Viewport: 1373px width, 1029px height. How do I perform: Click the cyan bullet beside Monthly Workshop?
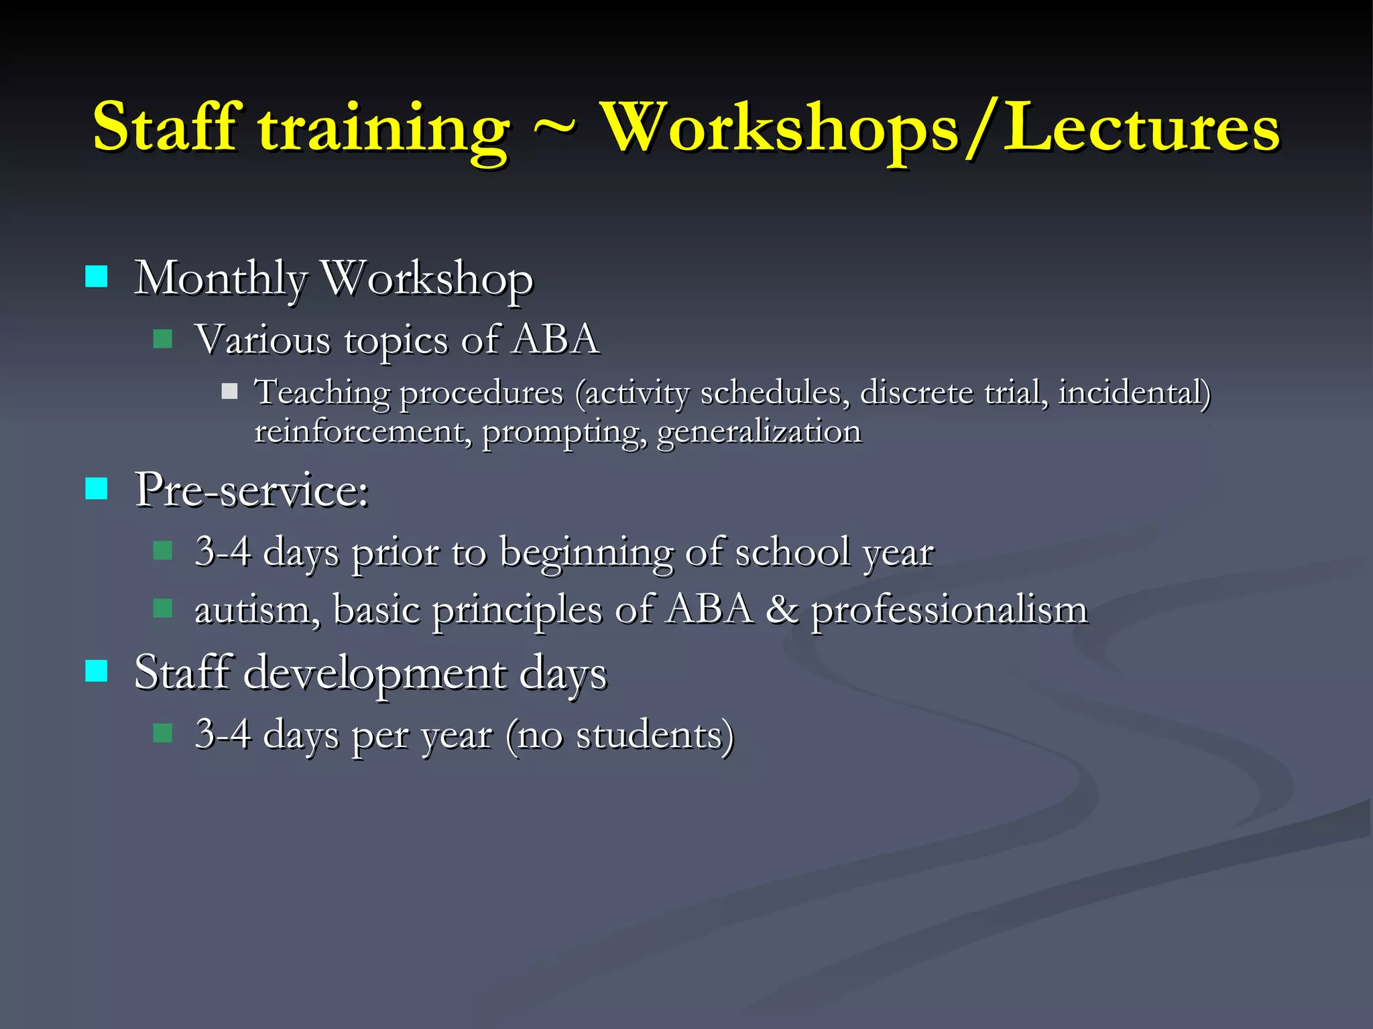click(x=97, y=276)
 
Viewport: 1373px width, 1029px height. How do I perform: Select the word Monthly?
click(x=221, y=279)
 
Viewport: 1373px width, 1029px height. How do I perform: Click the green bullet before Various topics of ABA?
click(x=163, y=338)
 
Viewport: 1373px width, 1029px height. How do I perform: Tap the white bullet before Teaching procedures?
click(x=229, y=391)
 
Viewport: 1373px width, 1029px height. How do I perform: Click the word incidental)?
click(x=1134, y=393)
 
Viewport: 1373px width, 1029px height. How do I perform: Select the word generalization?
click(x=759, y=431)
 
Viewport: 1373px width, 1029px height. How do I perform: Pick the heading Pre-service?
click(x=251, y=490)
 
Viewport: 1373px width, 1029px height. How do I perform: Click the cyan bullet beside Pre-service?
click(x=97, y=489)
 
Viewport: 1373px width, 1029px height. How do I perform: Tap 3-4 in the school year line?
click(x=223, y=552)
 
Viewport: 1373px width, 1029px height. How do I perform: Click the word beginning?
click(x=585, y=553)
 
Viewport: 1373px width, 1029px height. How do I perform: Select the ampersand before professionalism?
click(x=782, y=610)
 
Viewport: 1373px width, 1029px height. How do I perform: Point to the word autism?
click(x=257, y=611)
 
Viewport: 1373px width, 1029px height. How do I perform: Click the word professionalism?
click(x=949, y=611)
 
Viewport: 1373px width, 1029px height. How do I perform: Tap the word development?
click(x=375, y=673)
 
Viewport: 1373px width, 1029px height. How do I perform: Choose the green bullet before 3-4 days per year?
click(x=163, y=733)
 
